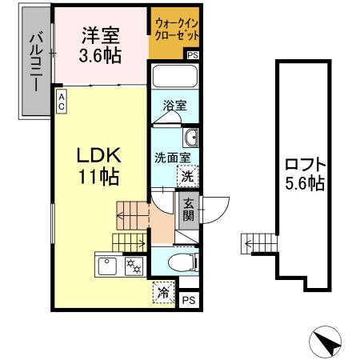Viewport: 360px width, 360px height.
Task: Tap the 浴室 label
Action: pos(174,104)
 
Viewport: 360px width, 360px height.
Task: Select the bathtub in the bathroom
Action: pos(174,79)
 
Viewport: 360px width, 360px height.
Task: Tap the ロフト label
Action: pos(304,165)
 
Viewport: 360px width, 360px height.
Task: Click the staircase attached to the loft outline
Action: pos(258,243)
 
